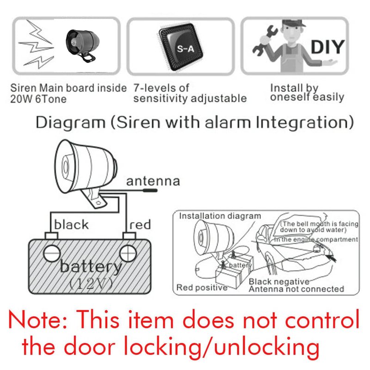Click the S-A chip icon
(180, 47)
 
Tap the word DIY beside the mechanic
(328, 47)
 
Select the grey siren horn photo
(82, 45)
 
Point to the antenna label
(153, 181)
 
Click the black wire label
(71, 224)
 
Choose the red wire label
(140, 225)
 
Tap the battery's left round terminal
(52, 253)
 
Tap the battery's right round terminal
(128, 253)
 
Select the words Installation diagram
(220, 216)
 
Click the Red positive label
(202, 288)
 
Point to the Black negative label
(279, 282)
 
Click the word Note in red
(38, 320)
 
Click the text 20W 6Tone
(38, 99)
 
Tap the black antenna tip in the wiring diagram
(150, 190)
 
